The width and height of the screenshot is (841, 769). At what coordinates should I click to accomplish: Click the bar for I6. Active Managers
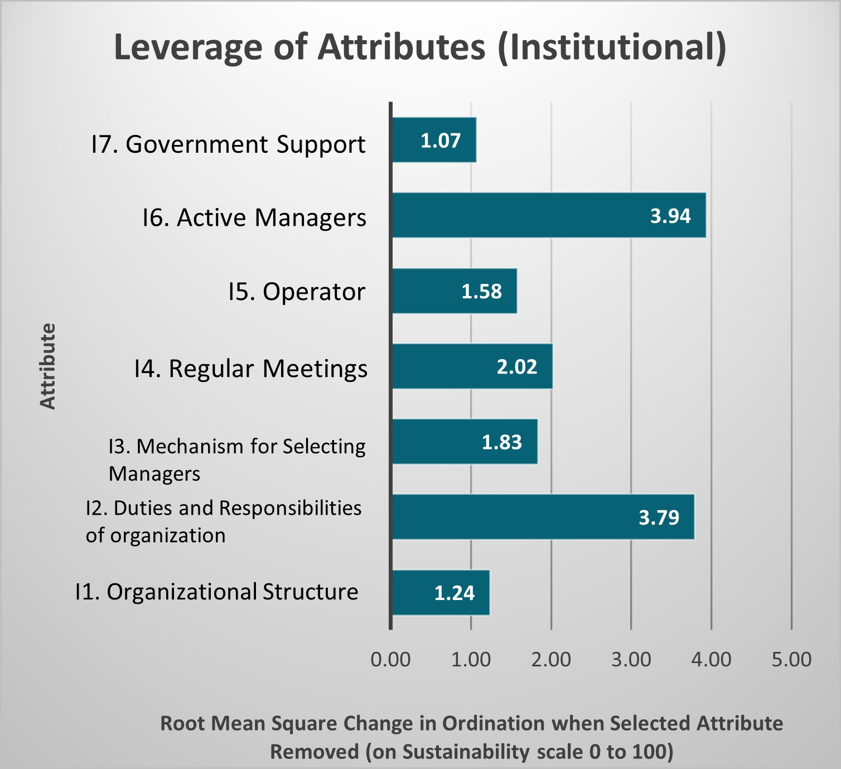(549, 215)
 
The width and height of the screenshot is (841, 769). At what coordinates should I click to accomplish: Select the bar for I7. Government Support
(434, 140)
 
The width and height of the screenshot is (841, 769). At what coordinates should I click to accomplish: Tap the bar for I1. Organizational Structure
(441, 592)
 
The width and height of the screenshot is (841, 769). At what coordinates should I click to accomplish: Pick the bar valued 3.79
(543, 517)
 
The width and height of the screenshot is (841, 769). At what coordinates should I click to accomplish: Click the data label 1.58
(481, 291)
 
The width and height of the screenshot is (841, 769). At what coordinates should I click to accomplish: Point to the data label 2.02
(517, 366)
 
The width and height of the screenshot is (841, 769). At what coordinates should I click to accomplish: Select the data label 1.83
(502, 442)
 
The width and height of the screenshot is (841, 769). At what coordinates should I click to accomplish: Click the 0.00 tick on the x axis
(390, 659)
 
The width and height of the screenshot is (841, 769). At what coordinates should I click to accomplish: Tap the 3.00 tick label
(631, 659)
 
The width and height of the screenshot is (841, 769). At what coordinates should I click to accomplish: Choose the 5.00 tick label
(791, 659)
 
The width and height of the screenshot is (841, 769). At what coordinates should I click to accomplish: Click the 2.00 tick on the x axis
(551, 659)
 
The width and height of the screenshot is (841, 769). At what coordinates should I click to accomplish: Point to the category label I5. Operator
(297, 291)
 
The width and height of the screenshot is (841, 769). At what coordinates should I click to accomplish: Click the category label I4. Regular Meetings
(251, 368)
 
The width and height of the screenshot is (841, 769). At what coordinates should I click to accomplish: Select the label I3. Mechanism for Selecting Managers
(237, 460)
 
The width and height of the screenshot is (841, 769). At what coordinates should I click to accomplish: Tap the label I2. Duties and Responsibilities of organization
(223, 521)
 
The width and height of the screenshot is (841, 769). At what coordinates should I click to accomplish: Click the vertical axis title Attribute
(49, 366)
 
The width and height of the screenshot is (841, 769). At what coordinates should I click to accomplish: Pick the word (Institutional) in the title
(612, 47)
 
